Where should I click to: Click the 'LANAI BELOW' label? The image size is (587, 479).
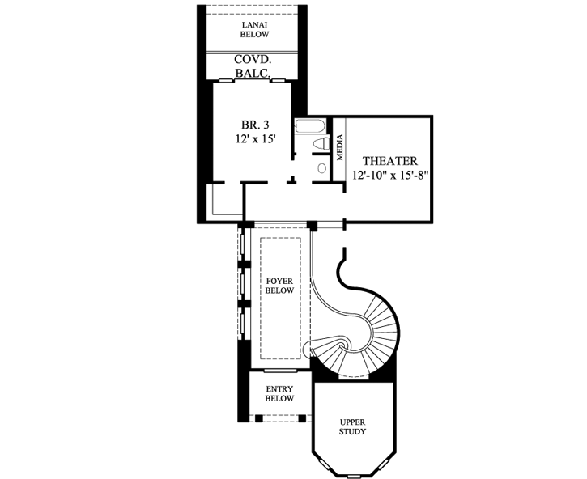click(255, 30)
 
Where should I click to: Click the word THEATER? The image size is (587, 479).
click(389, 161)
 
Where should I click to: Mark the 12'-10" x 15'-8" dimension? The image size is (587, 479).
click(389, 176)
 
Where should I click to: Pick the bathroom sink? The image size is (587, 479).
click(321, 168)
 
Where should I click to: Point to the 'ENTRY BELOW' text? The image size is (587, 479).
click(279, 393)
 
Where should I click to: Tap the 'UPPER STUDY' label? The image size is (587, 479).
click(352, 426)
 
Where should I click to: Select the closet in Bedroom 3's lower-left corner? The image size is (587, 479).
click(226, 199)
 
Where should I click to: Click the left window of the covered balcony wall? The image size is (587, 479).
click(228, 79)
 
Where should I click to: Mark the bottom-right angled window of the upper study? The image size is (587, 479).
click(385, 465)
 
